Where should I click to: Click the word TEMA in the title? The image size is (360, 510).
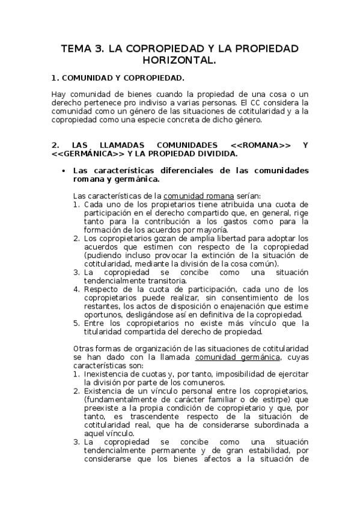coord(76,49)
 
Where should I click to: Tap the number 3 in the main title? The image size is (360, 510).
coord(102,49)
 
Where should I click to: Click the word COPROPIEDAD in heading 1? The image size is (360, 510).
coord(153,78)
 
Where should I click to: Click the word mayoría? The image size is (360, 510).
coord(211,230)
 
